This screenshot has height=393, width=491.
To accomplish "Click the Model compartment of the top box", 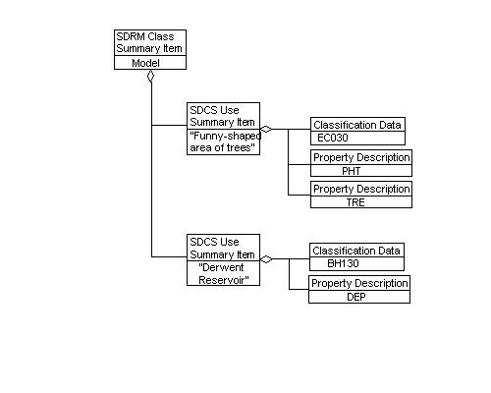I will [149, 62].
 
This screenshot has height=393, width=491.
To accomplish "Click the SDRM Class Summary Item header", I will [149, 42].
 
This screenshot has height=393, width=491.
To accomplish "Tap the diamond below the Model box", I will [150, 76].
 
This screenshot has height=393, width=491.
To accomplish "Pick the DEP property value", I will [357, 296].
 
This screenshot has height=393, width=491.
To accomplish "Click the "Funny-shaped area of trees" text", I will [223, 141].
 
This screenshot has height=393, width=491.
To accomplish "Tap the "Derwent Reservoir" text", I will [223, 273].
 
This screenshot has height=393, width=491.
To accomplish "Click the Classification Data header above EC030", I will [356, 125].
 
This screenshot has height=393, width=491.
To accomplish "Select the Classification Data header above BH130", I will [356, 252].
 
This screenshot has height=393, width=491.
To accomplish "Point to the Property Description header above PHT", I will [360, 157].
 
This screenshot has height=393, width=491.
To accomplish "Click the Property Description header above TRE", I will [360, 189].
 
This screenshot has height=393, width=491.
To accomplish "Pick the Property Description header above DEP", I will [357, 283].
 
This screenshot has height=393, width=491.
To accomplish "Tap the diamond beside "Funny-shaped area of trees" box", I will [266, 129].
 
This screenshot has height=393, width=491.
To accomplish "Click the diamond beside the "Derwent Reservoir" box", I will [266, 260].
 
